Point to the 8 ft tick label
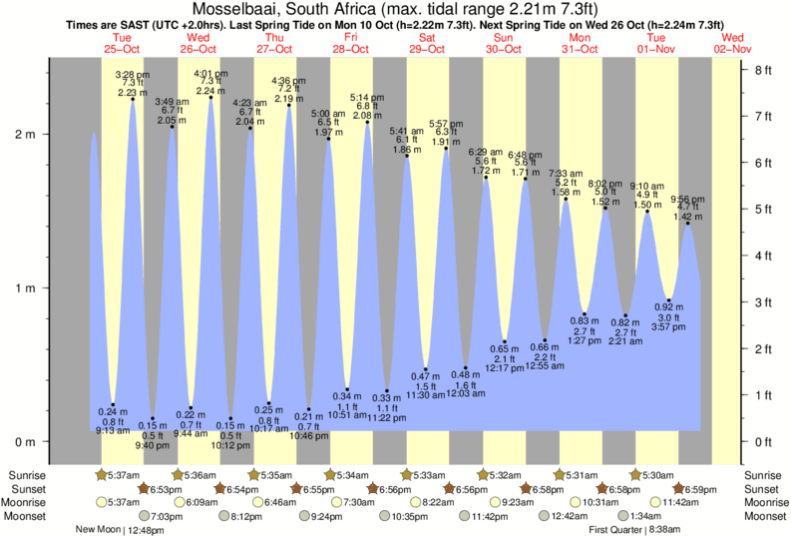(764, 70)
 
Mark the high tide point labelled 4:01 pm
(210, 98)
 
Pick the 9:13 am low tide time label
(113, 431)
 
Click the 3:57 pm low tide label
(667, 326)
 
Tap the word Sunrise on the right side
(765, 474)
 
